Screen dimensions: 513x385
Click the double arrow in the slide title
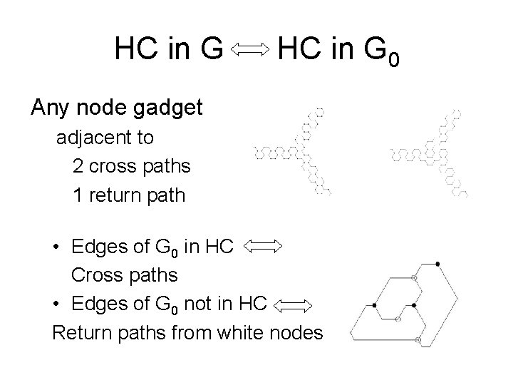pos(250,48)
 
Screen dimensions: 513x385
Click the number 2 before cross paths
pos(78,167)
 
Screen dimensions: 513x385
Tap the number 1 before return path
pos(78,195)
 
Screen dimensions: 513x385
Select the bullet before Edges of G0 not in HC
pos(56,305)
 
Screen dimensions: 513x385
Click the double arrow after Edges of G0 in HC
pos(263,247)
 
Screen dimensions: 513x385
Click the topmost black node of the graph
pos(437,265)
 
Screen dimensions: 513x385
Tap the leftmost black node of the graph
pos(375,306)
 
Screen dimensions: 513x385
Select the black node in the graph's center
pos(414,306)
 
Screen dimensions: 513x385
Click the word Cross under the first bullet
pos(93,275)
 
